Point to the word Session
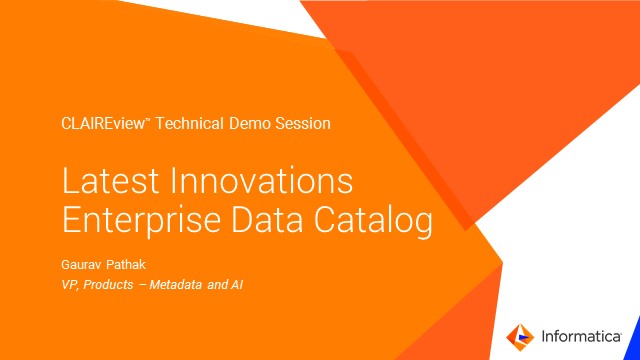tap(304, 124)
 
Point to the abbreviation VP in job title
tap(70, 285)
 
